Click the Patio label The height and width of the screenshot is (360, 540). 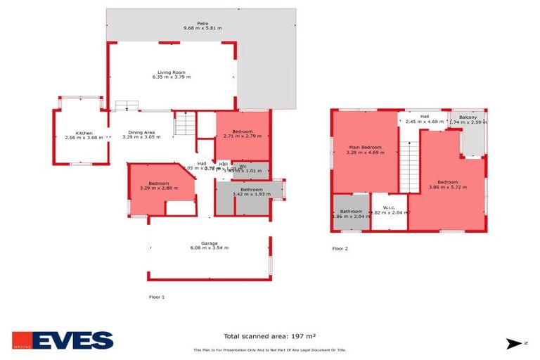[x=202, y=22]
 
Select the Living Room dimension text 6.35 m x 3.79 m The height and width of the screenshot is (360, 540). [x=172, y=77]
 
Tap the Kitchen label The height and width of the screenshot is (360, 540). [x=84, y=132]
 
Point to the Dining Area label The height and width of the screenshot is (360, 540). [x=141, y=131]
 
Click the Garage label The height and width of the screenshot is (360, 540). [x=209, y=243]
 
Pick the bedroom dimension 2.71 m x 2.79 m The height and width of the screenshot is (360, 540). [x=242, y=136]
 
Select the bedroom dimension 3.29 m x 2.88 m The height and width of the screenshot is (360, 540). [x=159, y=188]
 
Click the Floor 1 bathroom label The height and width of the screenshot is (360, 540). [x=251, y=188]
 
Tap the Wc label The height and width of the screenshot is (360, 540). [x=243, y=166]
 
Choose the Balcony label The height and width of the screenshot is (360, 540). [x=468, y=117]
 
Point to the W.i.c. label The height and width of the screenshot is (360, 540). [x=390, y=206]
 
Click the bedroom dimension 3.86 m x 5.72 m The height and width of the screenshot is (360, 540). [x=447, y=187]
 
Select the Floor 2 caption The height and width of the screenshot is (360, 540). [x=340, y=248]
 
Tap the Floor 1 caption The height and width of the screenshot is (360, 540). [x=157, y=297]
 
